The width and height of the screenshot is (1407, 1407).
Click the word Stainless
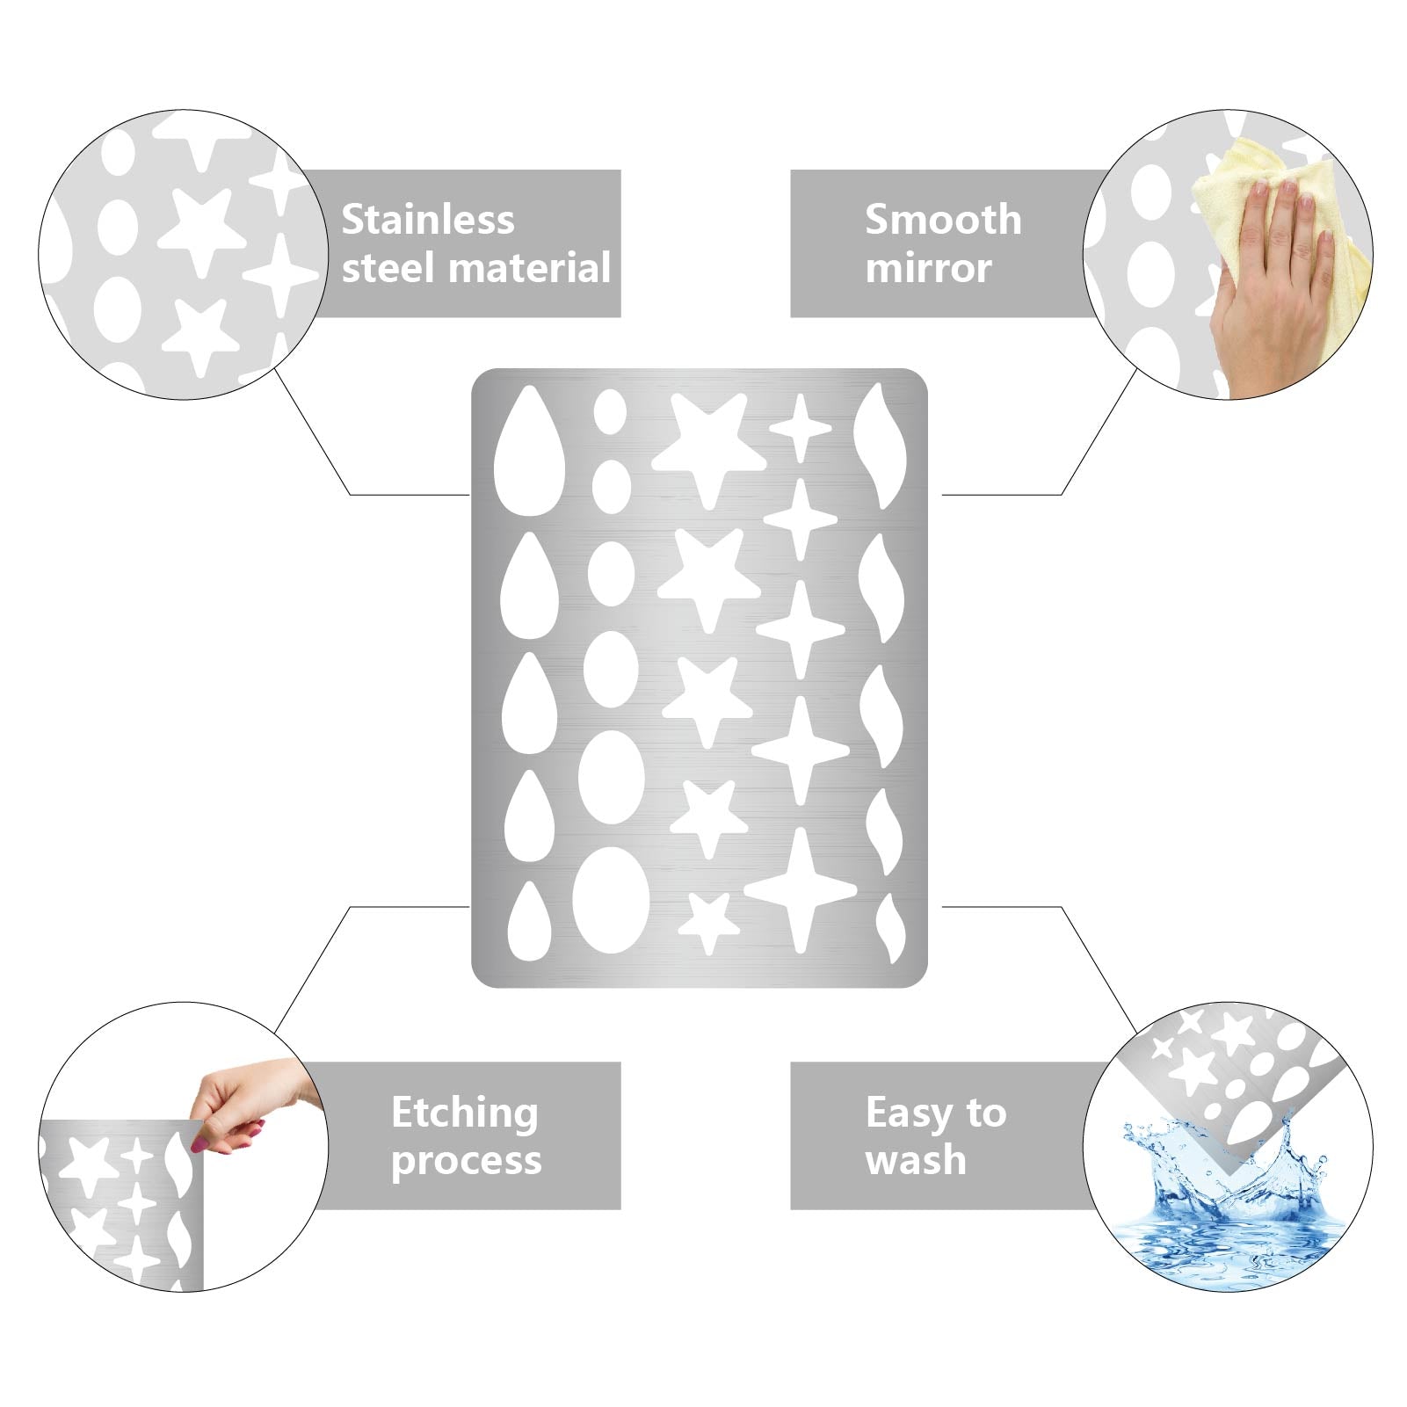coord(427,219)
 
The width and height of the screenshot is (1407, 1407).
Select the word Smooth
coord(943,219)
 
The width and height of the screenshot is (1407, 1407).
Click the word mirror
coord(928,267)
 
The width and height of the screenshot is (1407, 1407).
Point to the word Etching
coord(465,1113)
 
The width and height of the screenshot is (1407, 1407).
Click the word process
coord(466,1161)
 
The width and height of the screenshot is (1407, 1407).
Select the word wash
coord(916,1160)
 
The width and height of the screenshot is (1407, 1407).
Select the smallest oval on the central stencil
coord(610,411)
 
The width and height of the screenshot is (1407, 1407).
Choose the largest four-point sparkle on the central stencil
coord(800,890)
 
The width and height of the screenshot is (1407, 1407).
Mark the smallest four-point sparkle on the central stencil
coord(801,429)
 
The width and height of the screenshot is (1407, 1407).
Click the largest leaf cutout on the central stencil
coord(880,446)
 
